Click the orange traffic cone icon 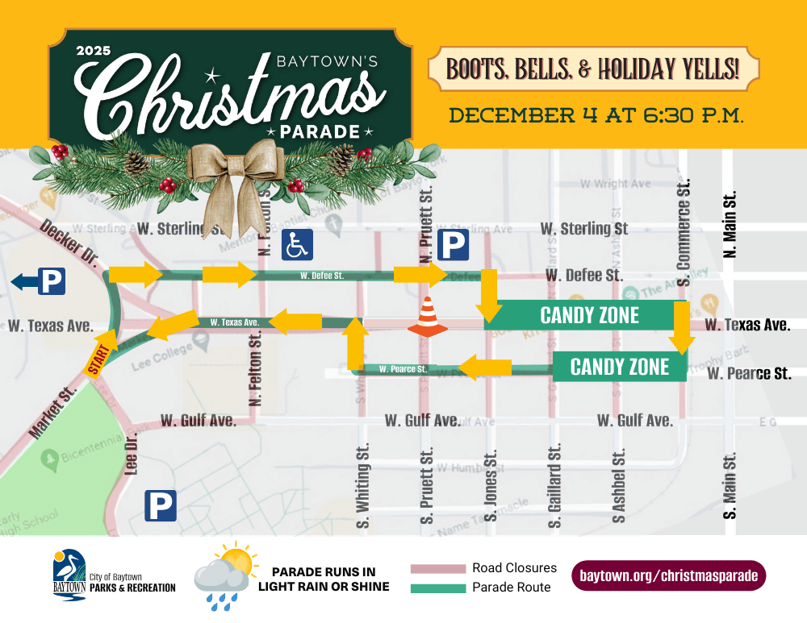tap(428, 317)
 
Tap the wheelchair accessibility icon tap(297, 244)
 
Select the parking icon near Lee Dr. tap(160, 506)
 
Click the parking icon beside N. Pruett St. tap(453, 244)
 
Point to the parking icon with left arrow tap(40, 282)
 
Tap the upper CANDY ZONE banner tap(589, 315)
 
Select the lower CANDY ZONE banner tap(620, 367)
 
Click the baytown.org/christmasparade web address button tap(668, 576)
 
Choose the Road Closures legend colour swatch tap(438, 569)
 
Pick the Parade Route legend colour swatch tap(438, 588)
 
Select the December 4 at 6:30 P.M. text tap(596, 114)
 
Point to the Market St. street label tap(52, 413)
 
